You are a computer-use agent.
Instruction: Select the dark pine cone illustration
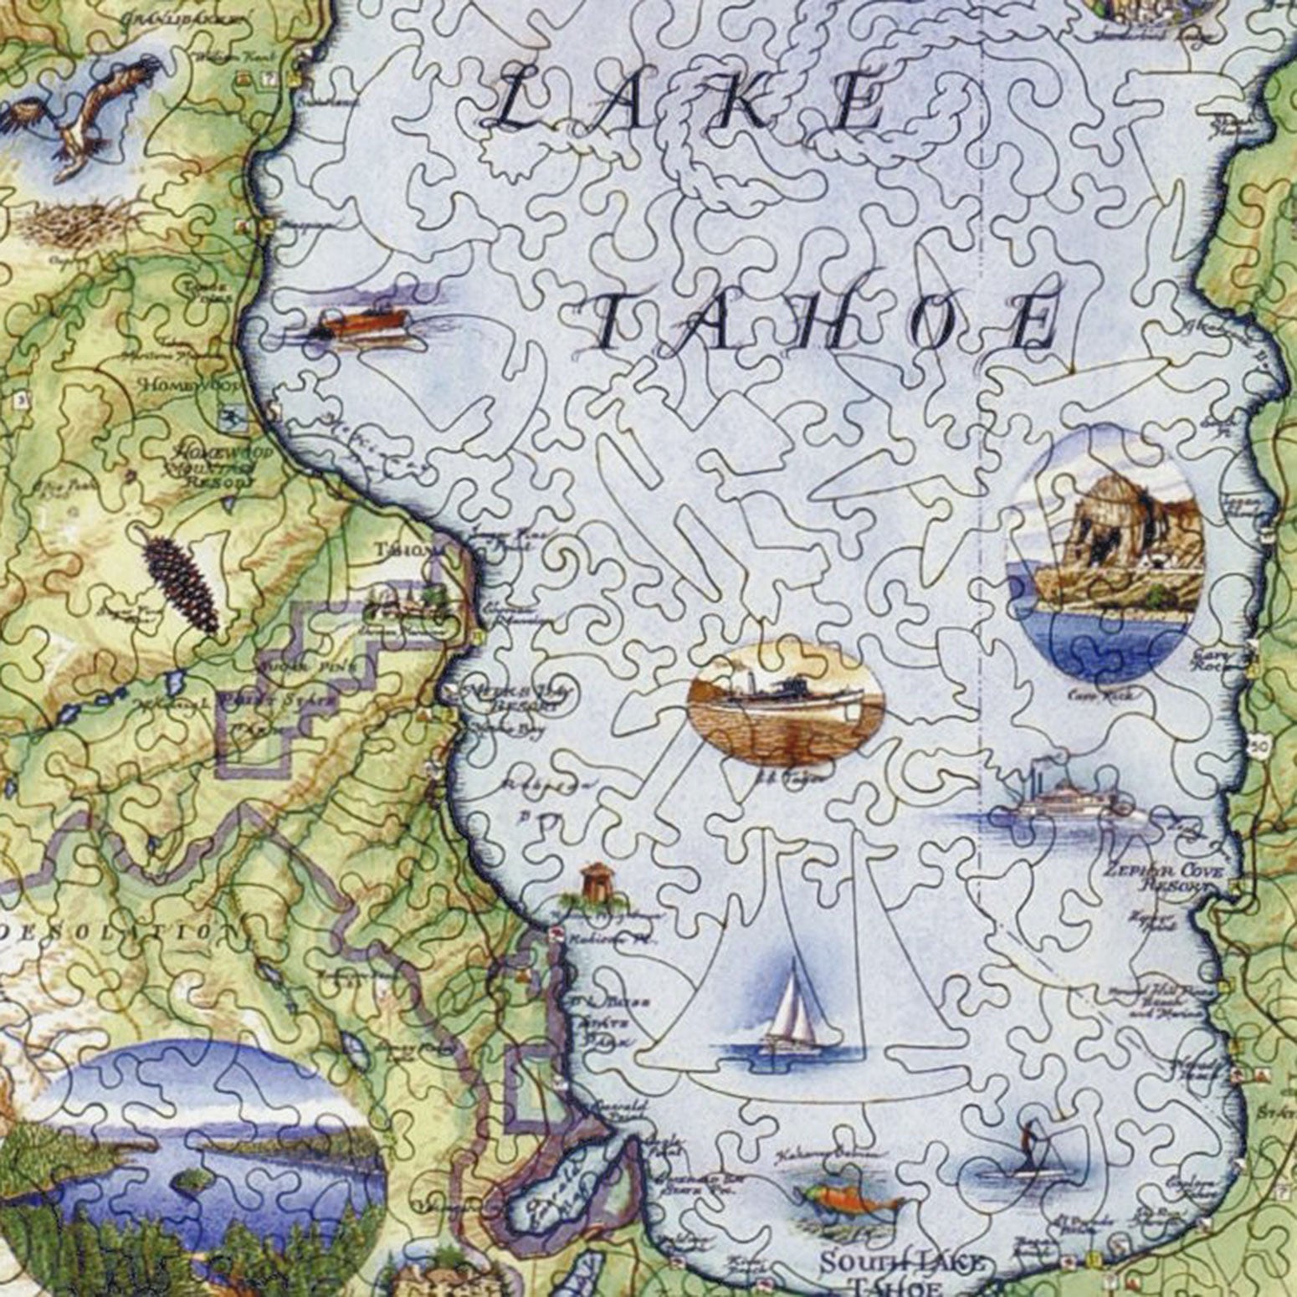click(x=181, y=585)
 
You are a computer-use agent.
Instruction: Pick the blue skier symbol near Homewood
click(x=226, y=415)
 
